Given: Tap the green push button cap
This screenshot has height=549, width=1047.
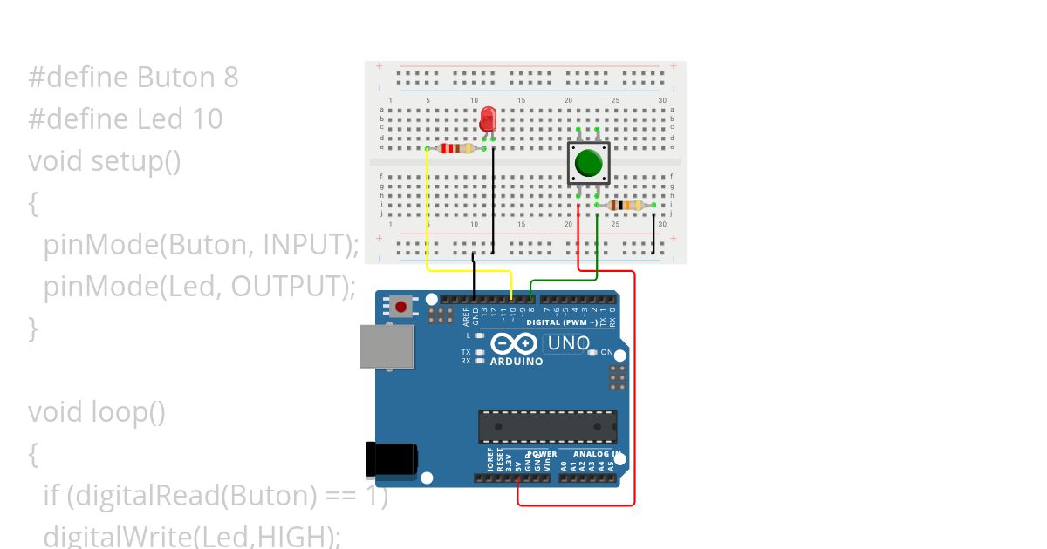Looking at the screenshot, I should pyautogui.click(x=588, y=163).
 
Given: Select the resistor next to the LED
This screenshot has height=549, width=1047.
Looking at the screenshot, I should pyautogui.click(x=455, y=148).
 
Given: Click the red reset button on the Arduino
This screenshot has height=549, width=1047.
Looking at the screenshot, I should pyautogui.click(x=401, y=306).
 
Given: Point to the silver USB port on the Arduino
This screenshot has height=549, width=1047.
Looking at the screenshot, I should pyautogui.click(x=387, y=346).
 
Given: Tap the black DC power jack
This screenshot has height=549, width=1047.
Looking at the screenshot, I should pyautogui.click(x=390, y=459).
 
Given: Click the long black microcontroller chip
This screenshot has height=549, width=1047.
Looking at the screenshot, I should pyautogui.click(x=547, y=426).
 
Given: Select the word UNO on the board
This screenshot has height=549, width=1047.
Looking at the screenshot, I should pyautogui.click(x=569, y=343).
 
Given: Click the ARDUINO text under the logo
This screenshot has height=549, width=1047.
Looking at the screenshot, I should pyautogui.click(x=517, y=361).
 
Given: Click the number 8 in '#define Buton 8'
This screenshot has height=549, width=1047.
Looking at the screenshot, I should pyautogui.click(x=230, y=78).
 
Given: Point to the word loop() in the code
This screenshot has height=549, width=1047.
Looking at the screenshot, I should pyautogui.click(x=128, y=411).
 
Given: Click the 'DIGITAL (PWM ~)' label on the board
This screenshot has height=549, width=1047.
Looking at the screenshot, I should pyautogui.click(x=562, y=322).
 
